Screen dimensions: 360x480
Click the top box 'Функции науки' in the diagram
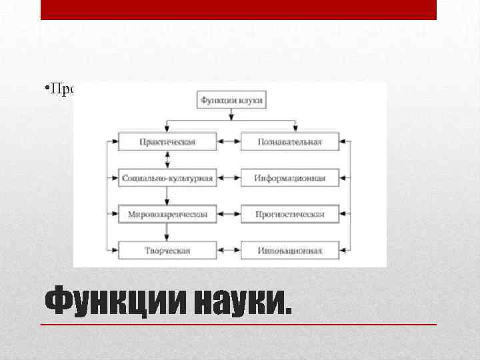[x=231, y=101]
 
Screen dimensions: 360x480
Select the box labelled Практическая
[x=167, y=141]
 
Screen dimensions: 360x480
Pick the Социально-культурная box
[x=167, y=178]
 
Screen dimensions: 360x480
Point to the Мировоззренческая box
[x=167, y=214]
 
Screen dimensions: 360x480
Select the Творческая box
[x=167, y=251]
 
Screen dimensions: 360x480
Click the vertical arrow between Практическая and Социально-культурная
[x=167, y=159]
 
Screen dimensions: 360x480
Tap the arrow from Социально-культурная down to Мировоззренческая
[x=167, y=196]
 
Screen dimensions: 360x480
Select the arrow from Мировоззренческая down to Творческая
[x=167, y=233]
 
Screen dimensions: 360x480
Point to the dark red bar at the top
[x=238, y=9]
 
